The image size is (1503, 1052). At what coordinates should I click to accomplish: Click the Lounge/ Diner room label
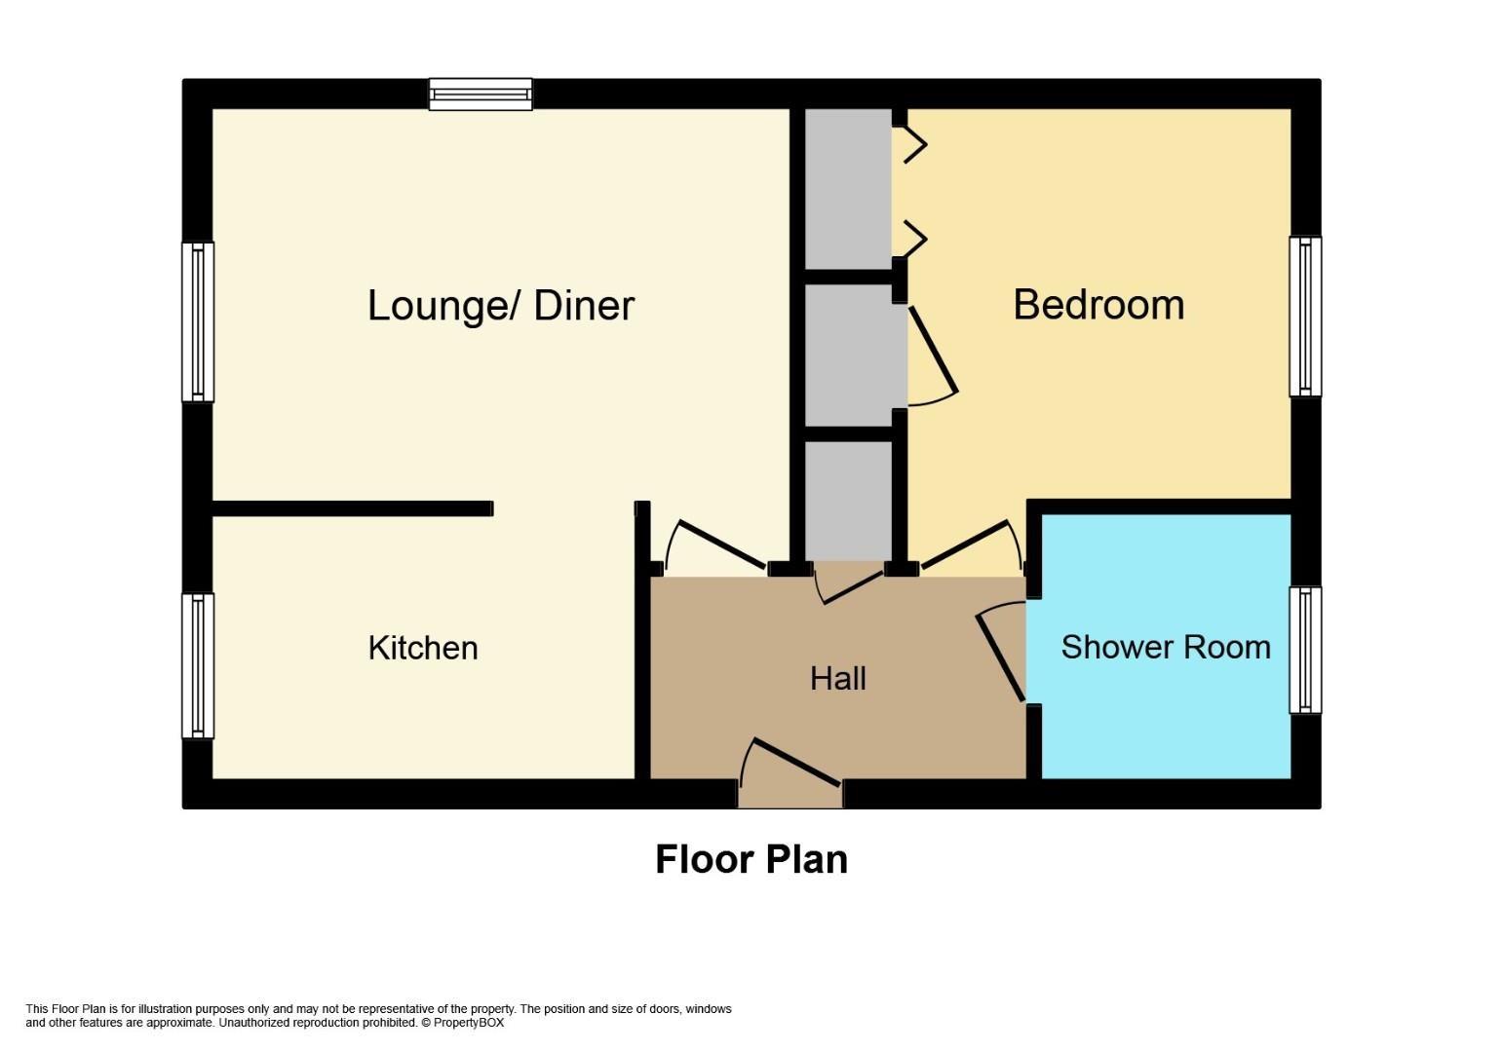[501, 307]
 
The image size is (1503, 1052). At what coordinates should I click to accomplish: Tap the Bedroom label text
[1098, 305]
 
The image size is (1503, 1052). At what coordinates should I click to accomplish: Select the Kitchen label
[423, 649]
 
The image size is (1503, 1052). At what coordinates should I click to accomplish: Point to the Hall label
[838, 679]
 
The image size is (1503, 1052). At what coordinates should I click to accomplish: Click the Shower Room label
[1166, 648]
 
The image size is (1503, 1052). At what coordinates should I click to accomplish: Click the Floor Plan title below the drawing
[751, 860]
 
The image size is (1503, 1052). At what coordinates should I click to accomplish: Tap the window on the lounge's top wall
[481, 94]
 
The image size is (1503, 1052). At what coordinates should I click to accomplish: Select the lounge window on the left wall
[198, 321]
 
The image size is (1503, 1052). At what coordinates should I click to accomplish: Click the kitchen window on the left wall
[198, 666]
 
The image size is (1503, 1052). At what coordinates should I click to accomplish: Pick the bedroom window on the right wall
[1305, 317]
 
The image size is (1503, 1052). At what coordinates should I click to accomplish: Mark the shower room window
[1305, 650]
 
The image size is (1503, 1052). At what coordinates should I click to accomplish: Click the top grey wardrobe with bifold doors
[848, 188]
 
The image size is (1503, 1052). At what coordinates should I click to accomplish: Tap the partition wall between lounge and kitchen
[353, 508]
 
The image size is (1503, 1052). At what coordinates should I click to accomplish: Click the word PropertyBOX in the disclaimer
[468, 1023]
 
